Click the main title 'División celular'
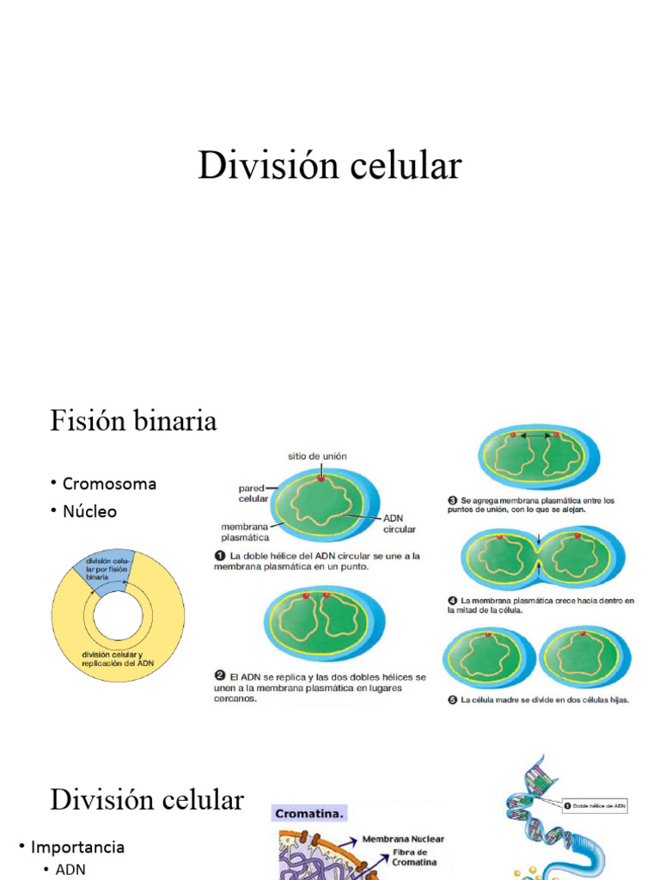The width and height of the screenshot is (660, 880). [x=329, y=165]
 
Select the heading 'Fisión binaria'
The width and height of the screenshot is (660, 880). [x=133, y=421]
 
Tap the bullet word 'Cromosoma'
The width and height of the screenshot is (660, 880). [x=109, y=483]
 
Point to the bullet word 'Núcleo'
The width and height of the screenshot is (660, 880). [x=89, y=511]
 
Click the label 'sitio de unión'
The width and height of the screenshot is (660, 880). [x=318, y=456]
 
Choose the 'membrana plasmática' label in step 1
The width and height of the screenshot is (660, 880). [x=246, y=531]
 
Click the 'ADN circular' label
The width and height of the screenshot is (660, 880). [x=400, y=523]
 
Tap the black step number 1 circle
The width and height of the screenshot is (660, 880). [x=219, y=556]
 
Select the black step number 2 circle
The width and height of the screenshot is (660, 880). [x=219, y=677]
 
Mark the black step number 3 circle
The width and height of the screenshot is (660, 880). [x=453, y=500]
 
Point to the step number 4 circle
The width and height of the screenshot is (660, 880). [x=453, y=601]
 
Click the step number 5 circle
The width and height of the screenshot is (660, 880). [x=453, y=700]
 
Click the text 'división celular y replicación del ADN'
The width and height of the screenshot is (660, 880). [x=118, y=658]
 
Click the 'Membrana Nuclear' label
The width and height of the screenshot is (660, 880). [x=403, y=839]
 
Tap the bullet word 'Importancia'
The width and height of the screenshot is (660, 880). [x=77, y=846]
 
